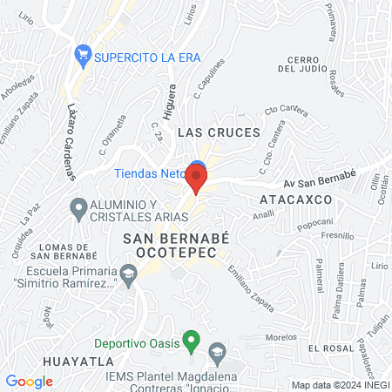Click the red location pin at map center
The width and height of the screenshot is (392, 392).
pos(197,180)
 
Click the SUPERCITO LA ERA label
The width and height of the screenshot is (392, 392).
pos(148,57)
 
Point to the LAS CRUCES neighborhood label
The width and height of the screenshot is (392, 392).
pos(219,132)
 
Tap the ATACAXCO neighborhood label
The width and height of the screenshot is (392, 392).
pos(292,199)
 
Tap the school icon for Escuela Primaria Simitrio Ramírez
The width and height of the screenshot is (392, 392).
pos(129,276)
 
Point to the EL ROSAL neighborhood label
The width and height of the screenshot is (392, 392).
pos(328,348)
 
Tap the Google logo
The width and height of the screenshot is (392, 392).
pos(29,381)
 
